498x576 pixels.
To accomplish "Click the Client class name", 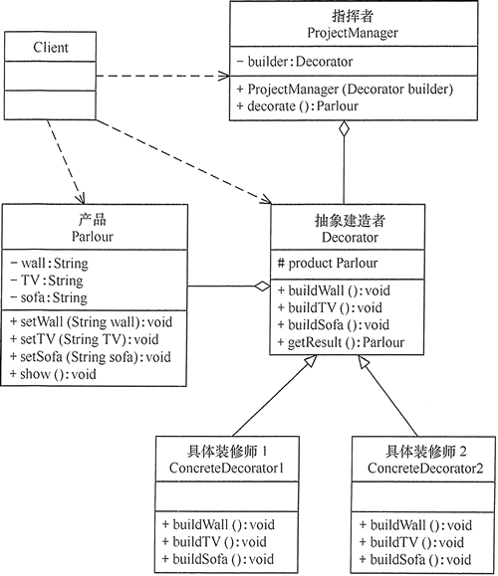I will [x=50, y=46].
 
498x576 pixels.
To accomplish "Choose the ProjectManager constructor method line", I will [x=345, y=89].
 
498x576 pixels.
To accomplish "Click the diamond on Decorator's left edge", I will [x=262, y=287].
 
